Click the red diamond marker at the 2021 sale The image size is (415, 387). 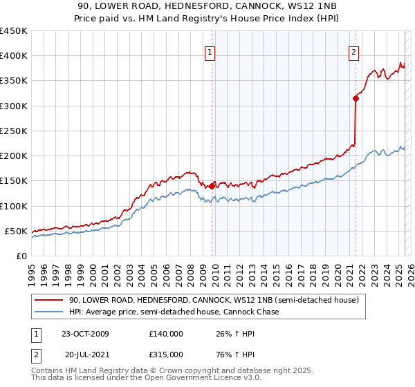(356, 98)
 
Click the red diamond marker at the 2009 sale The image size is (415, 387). (212, 186)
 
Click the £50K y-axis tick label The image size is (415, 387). (17, 231)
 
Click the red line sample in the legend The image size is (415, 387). (48, 301)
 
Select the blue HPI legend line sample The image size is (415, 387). (48, 312)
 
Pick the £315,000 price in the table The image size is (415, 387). (166, 354)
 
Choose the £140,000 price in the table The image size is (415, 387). (166, 334)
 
